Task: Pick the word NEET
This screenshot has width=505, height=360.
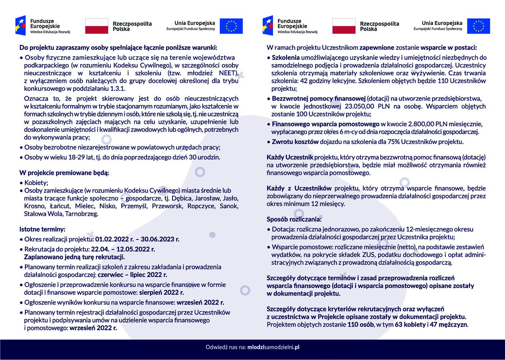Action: click(228, 73)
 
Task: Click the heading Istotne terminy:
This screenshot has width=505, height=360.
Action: click(42, 229)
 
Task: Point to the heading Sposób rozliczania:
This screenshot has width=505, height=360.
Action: click(294, 219)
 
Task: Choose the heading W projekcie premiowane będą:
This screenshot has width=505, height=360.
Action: click(64, 173)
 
